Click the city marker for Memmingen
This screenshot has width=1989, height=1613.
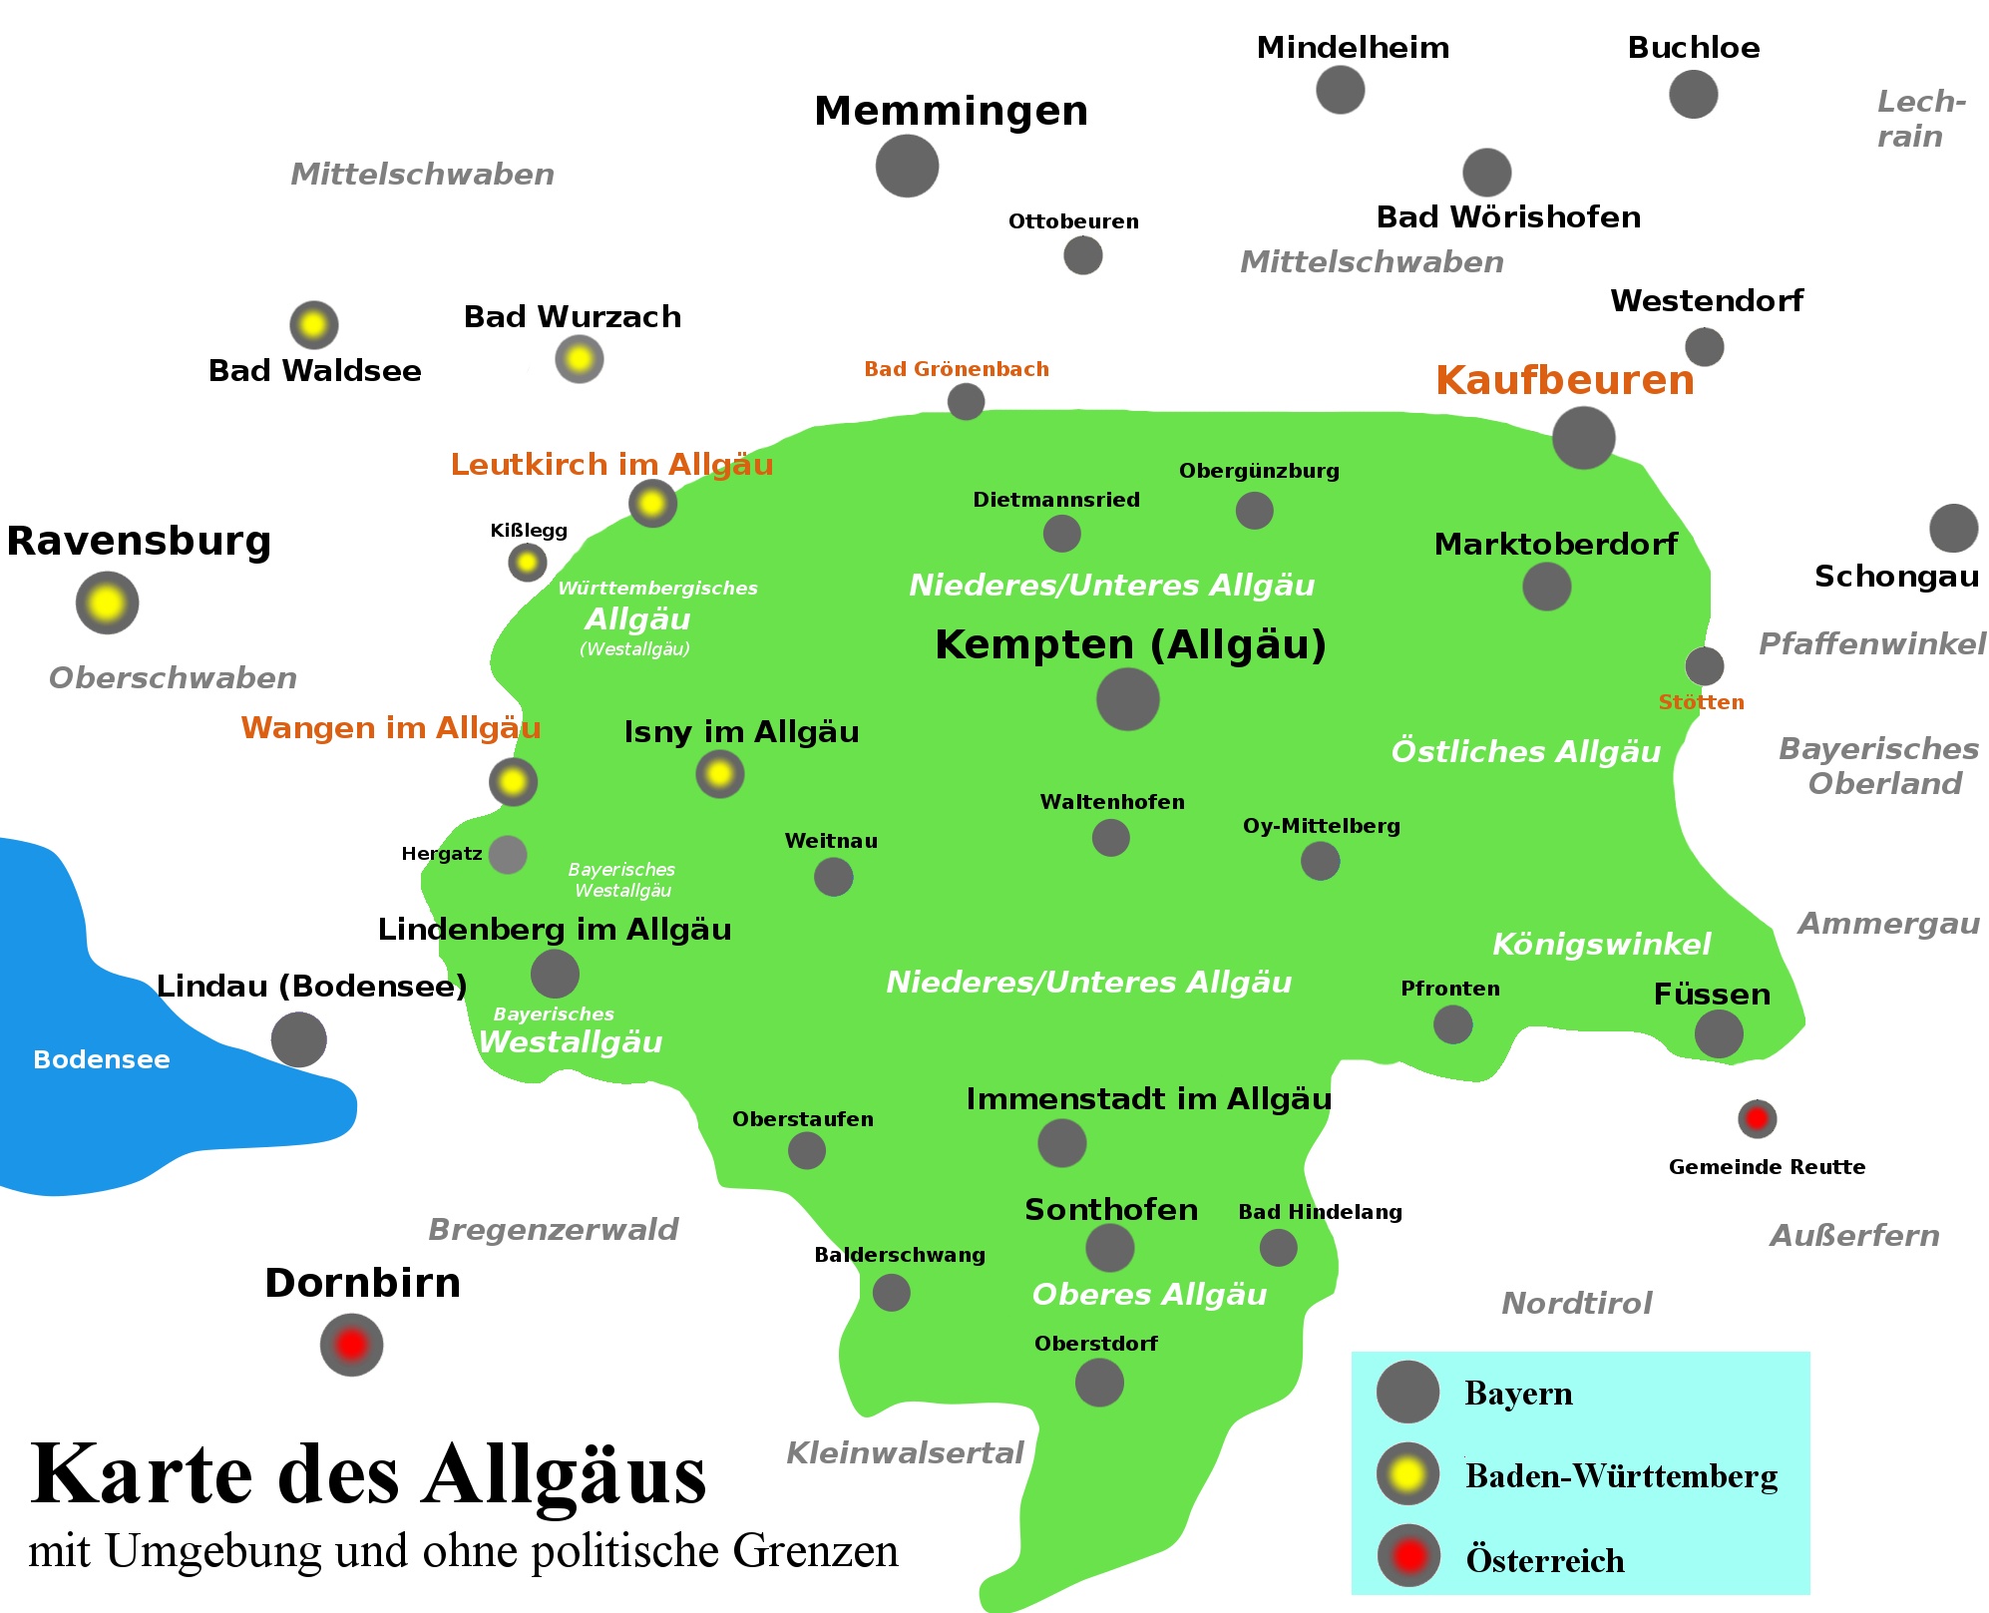tap(907, 166)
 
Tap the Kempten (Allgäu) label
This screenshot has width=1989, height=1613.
tap(1130, 644)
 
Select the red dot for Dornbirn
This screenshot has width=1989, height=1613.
tap(351, 1345)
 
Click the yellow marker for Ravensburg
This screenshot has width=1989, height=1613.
tap(107, 603)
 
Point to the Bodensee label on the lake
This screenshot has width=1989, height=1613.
tap(101, 1059)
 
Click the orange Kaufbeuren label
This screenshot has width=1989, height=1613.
tap(1564, 381)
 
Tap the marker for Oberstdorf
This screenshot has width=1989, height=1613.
tap(1099, 1383)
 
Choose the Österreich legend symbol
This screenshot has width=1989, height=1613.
tap(1408, 1556)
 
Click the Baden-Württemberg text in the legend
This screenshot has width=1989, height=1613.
tap(1621, 1476)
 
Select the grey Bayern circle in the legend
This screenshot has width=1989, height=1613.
tap(1407, 1392)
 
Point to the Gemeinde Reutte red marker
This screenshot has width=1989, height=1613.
tap(1757, 1118)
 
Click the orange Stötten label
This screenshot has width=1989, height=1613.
tap(1701, 702)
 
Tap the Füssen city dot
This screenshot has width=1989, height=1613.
tap(1719, 1033)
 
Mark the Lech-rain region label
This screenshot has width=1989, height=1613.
tap(1919, 119)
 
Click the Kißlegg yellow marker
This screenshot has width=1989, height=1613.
tap(528, 563)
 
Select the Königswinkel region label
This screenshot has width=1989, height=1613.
tap(1601, 944)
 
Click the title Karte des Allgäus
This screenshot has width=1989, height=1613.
tap(368, 1474)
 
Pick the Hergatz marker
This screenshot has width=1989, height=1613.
tap(508, 855)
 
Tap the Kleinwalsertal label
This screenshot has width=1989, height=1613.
tap(905, 1452)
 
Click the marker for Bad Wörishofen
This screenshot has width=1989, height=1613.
tap(1486, 173)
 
